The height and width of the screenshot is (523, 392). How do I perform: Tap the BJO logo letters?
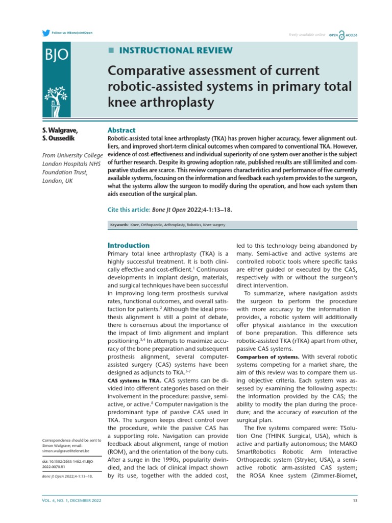click(56, 55)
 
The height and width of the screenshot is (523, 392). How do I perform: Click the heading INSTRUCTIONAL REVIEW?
click(175, 50)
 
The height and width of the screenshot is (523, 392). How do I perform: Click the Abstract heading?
click(121, 130)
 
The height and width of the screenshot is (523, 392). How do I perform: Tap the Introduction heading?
click(129, 245)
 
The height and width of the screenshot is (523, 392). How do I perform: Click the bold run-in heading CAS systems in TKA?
click(134, 380)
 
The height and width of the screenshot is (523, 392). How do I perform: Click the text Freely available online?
click(307, 35)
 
